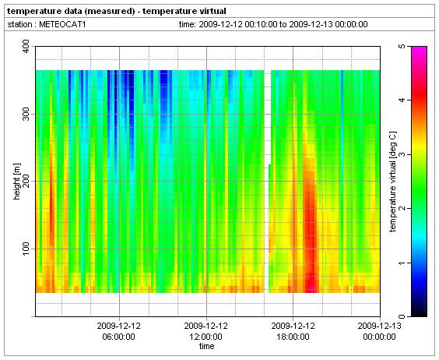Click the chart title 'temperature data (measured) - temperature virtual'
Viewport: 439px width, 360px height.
pos(117,11)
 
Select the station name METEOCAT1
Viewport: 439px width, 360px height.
pos(62,24)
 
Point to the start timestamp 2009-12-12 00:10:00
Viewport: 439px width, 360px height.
pos(237,24)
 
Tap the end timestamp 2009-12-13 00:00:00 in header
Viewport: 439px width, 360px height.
pos(328,24)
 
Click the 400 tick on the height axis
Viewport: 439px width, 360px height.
pos(26,47)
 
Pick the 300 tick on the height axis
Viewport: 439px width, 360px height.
pos(26,114)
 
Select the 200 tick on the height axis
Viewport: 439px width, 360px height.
pos(26,181)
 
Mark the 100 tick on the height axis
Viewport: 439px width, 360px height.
pos(26,249)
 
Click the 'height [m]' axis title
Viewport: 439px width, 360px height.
pos(17,181)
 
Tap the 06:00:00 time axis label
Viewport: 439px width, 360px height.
pos(119,337)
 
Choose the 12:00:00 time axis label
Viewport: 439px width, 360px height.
pos(205,337)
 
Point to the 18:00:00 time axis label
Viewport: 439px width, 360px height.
pos(293,337)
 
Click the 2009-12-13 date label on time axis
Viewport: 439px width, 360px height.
pos(379,326)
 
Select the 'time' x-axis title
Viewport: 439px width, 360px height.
pos(206,346)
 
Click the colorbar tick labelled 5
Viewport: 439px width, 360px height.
pos(402,46)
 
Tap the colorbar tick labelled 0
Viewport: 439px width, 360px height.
pos(402,316)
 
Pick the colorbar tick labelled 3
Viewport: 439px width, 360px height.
pos(402,154)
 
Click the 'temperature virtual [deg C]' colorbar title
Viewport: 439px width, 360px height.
pos(393,182)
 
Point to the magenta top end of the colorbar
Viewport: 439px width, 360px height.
pos(419,48)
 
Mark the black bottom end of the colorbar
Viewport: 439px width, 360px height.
pos(419,315)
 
